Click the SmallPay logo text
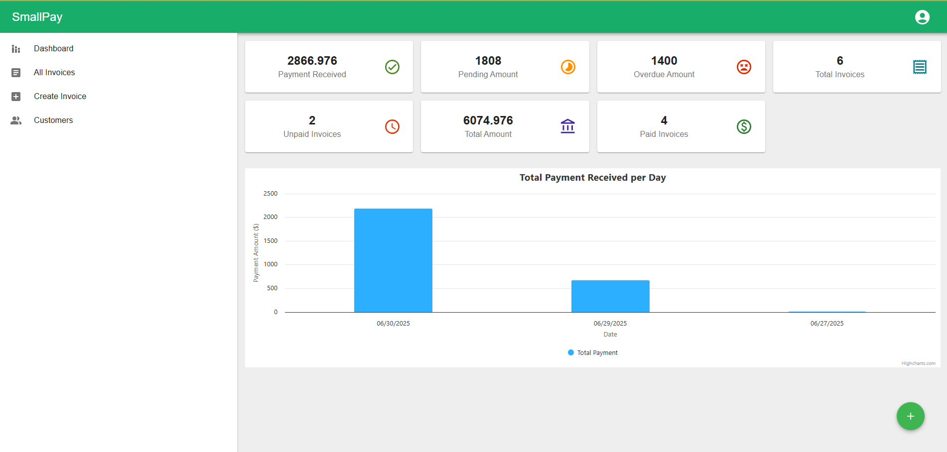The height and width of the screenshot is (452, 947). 37,17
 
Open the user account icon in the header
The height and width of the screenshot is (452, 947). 922,17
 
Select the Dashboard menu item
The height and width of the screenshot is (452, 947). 53,48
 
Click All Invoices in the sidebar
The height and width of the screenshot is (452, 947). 54,72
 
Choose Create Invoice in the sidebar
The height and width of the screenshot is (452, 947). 60,96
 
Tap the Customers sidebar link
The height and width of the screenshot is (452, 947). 53,120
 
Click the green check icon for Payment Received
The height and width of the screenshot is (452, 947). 392,67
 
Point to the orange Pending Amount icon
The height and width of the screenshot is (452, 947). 568,67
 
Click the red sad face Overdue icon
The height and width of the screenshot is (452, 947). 744,67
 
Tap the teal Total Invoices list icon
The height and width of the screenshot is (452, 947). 920,67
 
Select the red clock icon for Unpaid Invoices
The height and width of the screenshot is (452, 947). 392,126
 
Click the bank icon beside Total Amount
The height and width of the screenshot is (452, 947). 568,126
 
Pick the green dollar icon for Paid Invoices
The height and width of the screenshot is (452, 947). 744,126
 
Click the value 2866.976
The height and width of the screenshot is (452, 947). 312,61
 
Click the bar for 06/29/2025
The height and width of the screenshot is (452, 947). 610,296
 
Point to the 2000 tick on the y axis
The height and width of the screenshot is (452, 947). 271,217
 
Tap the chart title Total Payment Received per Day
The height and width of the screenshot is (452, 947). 592,178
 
